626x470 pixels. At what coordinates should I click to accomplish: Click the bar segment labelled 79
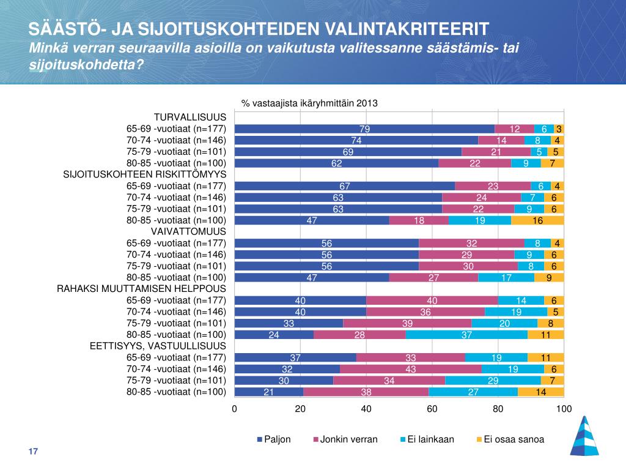point(364,129)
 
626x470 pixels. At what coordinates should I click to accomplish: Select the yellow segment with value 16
point(537,220)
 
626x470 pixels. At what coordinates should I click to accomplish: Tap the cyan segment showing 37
point(466,335)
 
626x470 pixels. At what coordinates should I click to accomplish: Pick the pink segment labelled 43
point(410,369)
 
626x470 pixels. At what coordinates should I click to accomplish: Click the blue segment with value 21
point(269,392)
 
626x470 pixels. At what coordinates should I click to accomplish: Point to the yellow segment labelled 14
point(541,392)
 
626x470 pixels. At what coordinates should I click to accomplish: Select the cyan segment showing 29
point(493,381)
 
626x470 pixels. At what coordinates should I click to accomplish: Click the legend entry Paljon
point(274,439)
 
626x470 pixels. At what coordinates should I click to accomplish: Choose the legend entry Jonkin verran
point(345,439)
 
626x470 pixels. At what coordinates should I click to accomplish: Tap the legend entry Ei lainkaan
point(427,439)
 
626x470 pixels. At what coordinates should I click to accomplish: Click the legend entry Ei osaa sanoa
point(510,439)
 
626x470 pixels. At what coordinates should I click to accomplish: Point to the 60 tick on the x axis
point(432,409)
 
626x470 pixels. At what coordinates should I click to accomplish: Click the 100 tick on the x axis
point(564,409)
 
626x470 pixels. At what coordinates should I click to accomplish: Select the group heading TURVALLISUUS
point(190,117)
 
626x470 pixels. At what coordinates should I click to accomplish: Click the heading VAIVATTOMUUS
point(188,231)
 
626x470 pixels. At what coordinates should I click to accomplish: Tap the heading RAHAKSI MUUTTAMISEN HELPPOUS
point(141,289)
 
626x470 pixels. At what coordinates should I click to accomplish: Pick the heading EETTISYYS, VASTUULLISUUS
point(158,346)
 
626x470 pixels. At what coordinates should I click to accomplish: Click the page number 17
point(33,451)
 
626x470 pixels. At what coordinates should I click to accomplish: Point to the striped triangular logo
point(584,436)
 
